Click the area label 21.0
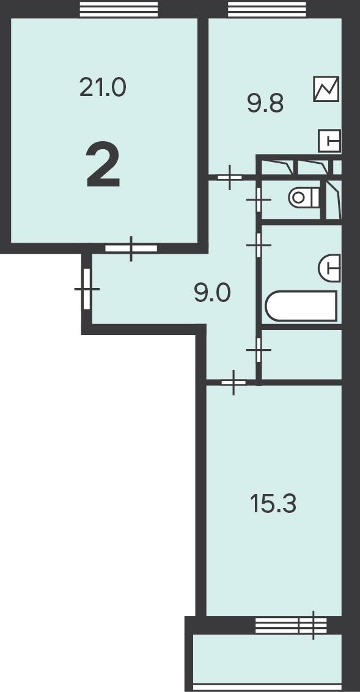103,87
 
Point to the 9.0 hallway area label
212,293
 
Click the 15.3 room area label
273,504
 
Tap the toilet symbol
304,197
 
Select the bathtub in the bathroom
301,306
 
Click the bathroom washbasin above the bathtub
329,268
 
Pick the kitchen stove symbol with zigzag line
326,89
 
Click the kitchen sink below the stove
329,141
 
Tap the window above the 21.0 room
119,9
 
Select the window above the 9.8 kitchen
267,9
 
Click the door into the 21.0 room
131,248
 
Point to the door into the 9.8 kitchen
230,177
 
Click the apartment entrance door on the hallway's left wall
87,289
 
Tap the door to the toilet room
259,199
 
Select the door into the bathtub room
259,245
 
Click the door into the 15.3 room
233,382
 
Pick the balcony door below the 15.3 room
313,625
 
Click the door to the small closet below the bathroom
259,350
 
